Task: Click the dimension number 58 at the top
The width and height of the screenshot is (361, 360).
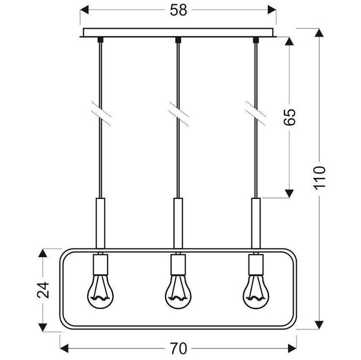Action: (x=177, y=11)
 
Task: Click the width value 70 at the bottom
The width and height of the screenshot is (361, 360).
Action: (x=178, y=348)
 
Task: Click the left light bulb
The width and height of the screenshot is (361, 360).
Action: (x=100, y=293)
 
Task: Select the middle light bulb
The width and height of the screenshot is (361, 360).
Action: (x=177, y=293)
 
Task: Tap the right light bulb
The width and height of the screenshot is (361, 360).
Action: (x=255, y=293)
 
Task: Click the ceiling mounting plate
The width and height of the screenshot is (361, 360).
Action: (x=177, y=32)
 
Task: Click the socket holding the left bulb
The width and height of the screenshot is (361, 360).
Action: (x=100, y=264)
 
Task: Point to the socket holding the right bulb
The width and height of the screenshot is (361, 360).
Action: (x=255, y=264)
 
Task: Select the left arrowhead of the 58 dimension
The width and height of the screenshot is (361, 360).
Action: (x=84, y=11)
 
